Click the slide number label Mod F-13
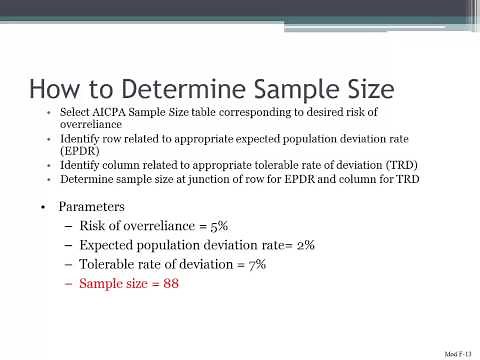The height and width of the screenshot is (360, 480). click(458, 354)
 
